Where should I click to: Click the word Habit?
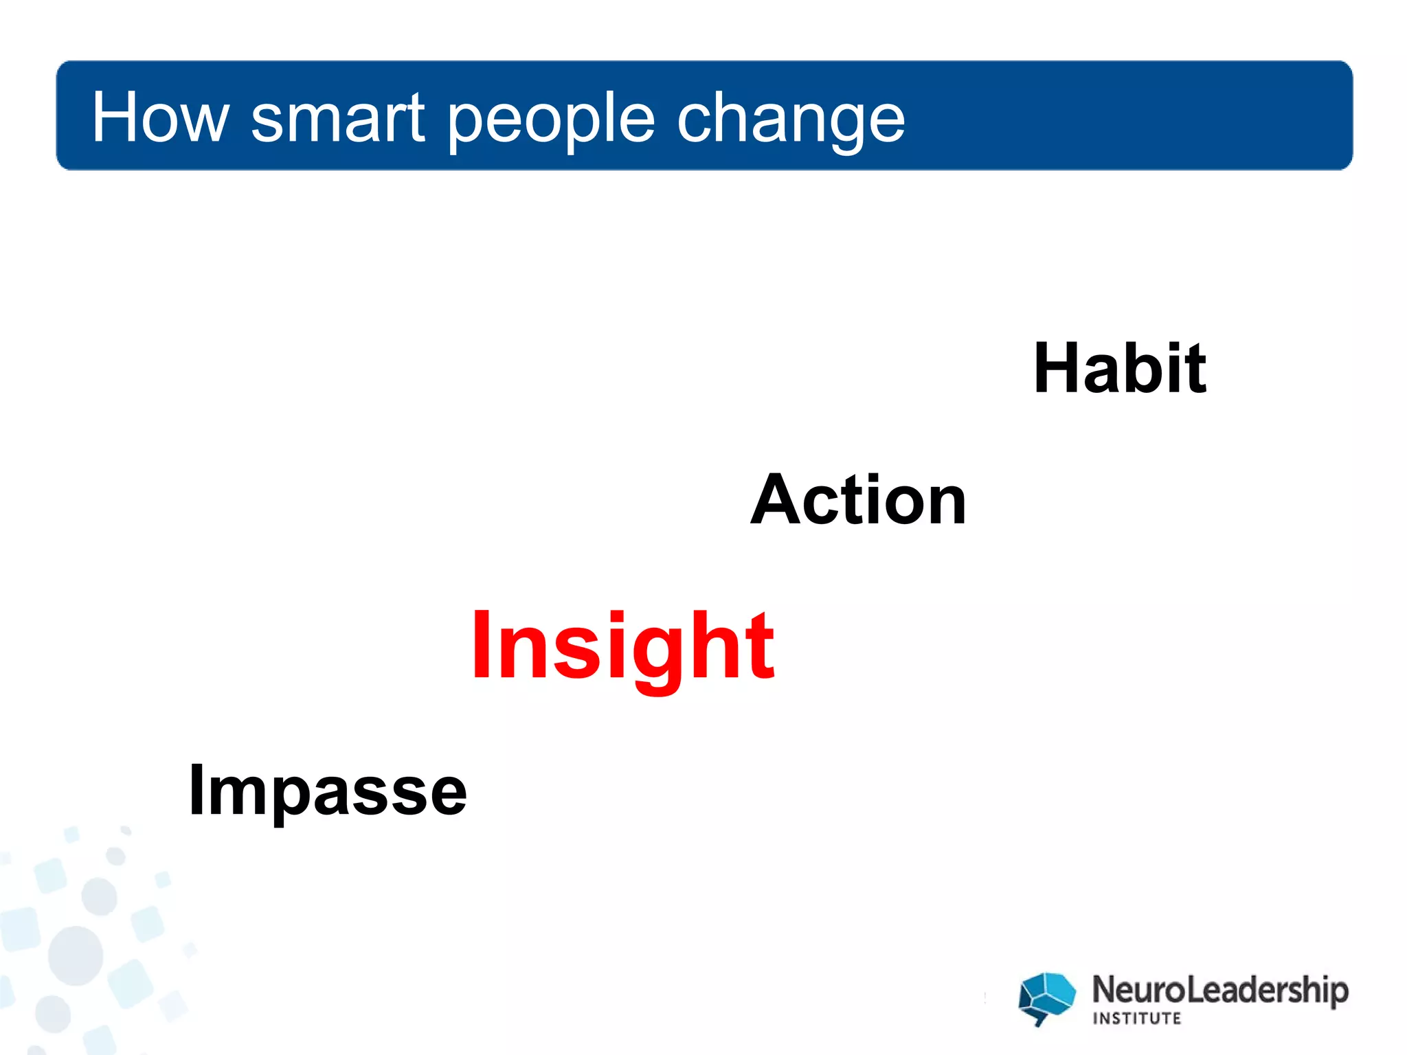point(1119,369)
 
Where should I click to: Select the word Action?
point(858,501)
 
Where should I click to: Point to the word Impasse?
point(328,791)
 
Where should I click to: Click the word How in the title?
point(160,118)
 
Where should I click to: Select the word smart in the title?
point(337,118)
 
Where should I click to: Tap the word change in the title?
point(791,120)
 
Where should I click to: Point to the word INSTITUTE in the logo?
point(1136,1018)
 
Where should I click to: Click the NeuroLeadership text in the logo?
point(1219,990)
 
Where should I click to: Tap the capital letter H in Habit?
point(1062,369)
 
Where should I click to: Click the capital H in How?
point(117,118)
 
